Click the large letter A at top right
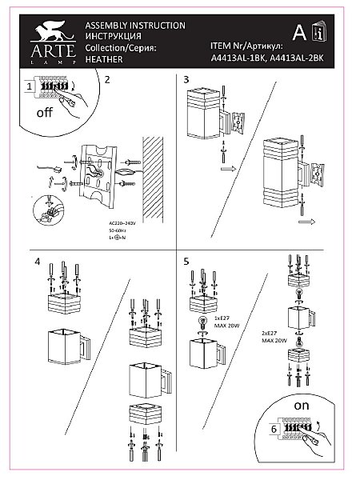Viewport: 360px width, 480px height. (298, 33)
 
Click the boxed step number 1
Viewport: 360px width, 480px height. (29, 86)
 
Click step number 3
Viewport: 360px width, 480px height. (186, 80)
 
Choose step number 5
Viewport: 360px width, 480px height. (186, 262)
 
